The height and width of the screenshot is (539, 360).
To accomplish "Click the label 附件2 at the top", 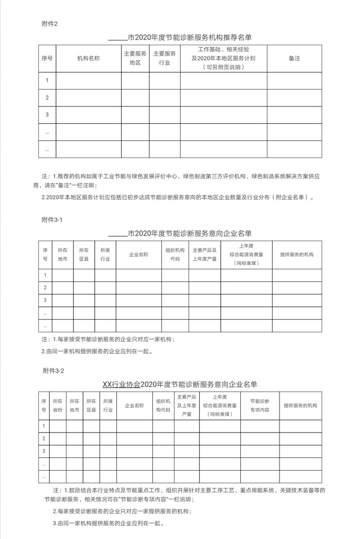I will click(49, 24).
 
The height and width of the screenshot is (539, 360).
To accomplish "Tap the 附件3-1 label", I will click(52, 219).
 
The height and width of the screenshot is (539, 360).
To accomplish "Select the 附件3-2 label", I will click(53, 371).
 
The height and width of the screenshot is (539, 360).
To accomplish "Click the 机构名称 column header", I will click(88, 58).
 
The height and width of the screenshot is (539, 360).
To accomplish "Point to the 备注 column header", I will click(294, 58).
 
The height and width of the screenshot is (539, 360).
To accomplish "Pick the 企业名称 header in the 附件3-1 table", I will click(139, 255).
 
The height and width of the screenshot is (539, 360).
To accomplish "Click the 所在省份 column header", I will click(57, 406).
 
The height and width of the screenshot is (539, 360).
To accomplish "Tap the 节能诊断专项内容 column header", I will click(259, 406).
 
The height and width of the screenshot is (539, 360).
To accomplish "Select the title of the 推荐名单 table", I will click(180, 38).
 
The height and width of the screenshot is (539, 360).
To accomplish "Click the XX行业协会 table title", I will click(180, 384).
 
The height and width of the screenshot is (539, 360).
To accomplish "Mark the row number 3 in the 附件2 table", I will click(47, 115).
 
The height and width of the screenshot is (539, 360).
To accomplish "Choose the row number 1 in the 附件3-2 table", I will click(44, 426).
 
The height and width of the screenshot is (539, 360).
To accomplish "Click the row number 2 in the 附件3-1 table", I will click(45, 288).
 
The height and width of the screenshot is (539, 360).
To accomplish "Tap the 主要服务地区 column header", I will click(135, 58).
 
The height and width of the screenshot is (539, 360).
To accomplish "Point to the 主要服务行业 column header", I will click(165, 58).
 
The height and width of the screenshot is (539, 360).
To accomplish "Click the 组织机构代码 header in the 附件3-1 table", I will click(175, 255).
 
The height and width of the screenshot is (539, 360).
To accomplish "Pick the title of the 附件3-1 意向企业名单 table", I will click(180, 233).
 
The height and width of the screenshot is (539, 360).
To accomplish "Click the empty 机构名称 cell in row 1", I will click(88, 80).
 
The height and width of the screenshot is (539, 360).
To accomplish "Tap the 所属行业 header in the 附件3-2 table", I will click(107, 406).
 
